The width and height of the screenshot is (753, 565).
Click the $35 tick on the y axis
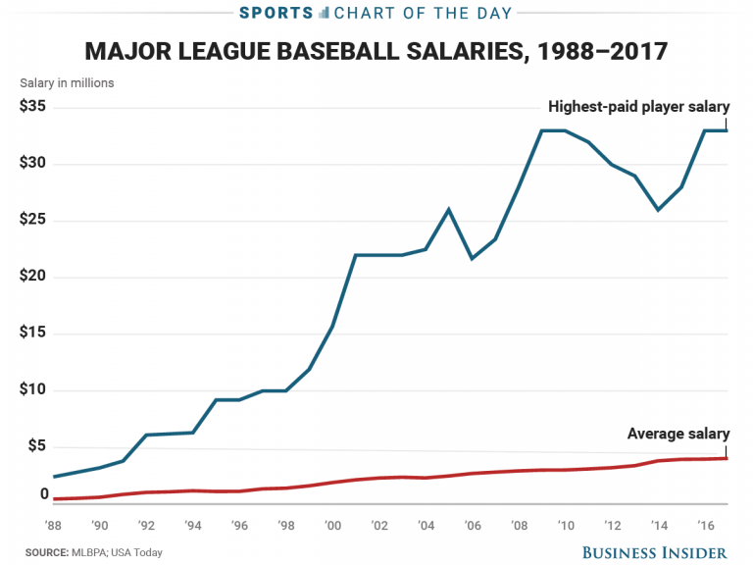32,106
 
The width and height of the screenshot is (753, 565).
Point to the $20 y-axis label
32,277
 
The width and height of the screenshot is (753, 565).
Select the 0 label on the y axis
44,494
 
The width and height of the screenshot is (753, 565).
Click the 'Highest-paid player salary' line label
639,106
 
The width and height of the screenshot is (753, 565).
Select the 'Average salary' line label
678,435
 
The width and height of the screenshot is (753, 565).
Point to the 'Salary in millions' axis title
67,83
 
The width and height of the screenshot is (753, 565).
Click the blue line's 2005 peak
448,209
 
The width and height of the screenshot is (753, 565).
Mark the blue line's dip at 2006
472,258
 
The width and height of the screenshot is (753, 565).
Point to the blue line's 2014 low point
658,210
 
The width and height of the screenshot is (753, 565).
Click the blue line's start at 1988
54,477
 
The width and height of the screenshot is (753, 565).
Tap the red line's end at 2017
727,458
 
